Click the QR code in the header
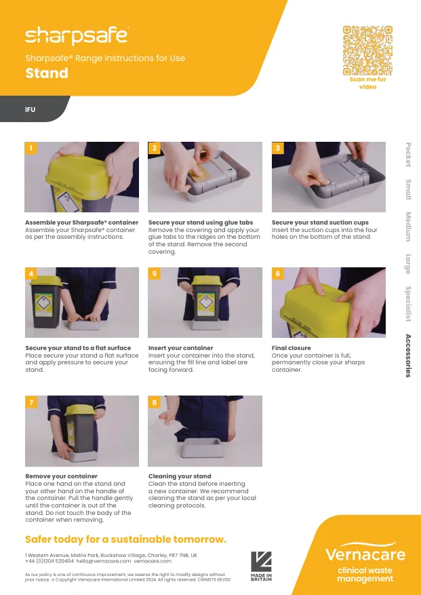point(367,50)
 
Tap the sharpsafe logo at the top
point(76,35)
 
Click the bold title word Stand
point(47,73)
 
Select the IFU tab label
point(31,109)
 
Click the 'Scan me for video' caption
point(367,83)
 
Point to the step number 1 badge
point(31,148)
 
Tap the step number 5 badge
point(155,273)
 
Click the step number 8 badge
point(155,402)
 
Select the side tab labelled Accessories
point(408,356)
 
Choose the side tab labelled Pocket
point(408,154)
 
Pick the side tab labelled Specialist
point(408,304)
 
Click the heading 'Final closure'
point(291,348)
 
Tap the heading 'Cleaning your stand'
point(180,476)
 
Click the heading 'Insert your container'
point(180,348)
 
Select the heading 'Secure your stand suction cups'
point(320,223)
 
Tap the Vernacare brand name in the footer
point(365,554)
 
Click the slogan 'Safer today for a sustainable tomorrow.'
point(125,539)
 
